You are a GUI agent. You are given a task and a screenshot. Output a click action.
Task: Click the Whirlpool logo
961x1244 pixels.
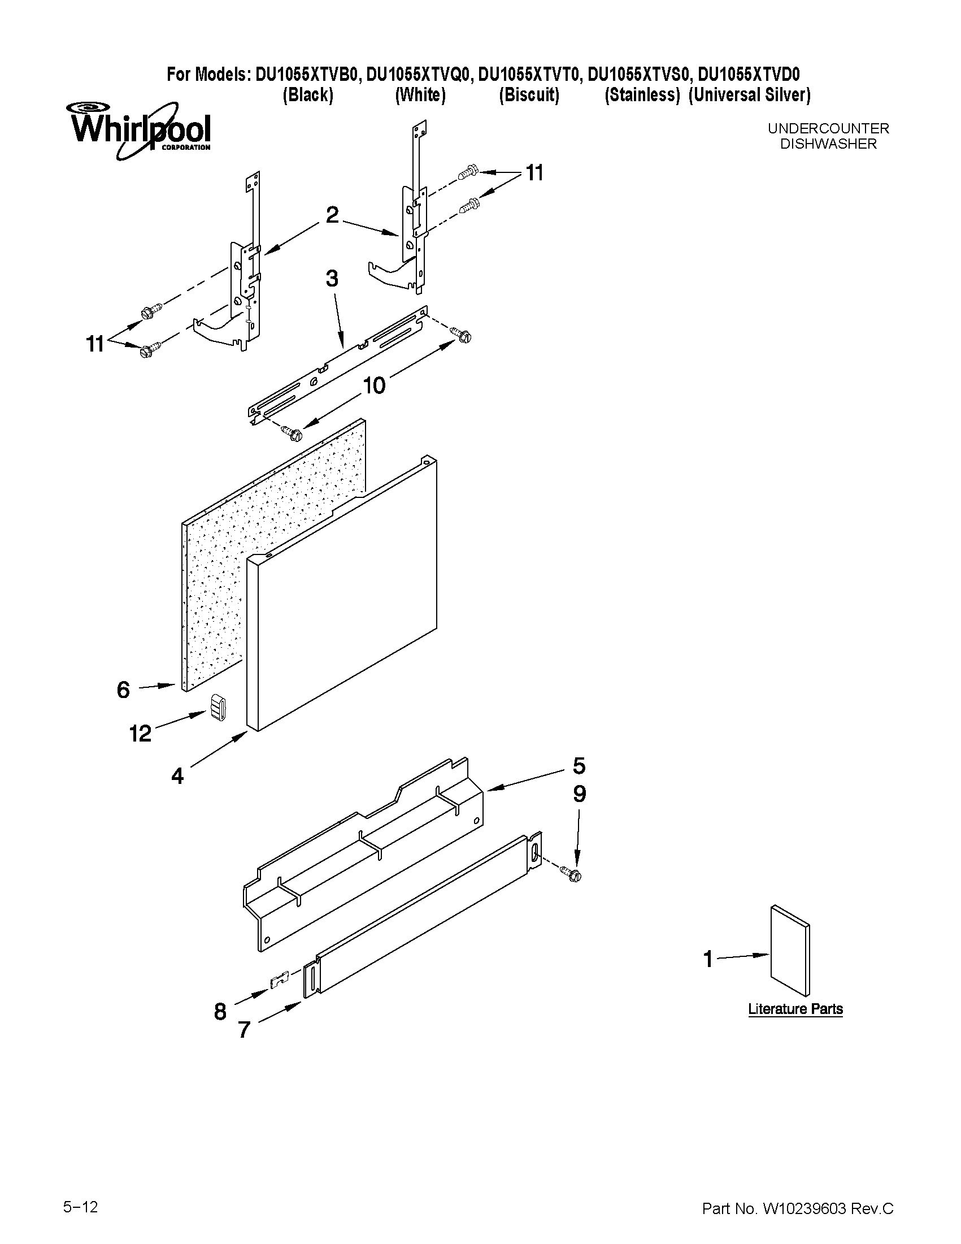pyautogui.click(x=140, y=130)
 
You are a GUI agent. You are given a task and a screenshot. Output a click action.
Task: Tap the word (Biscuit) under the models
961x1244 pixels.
pyautogui.click(x=529, y=95)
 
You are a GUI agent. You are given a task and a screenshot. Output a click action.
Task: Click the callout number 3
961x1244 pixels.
pyautogui.click(x=332, y=279)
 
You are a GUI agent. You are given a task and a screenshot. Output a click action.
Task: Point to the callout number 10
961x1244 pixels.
pyautogui.click(x=374, y=385)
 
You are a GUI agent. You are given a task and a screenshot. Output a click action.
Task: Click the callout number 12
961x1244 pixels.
pyautogui.click(x=140, y=734)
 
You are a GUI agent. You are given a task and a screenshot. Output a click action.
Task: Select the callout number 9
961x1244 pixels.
pyautogui.click(x=579, y=794)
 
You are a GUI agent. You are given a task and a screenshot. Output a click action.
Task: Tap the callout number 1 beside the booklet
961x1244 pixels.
pyautogui.click(x=708, y=959)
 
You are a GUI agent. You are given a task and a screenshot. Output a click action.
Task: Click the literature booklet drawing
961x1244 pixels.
pyautogui.click(x=790, y=950)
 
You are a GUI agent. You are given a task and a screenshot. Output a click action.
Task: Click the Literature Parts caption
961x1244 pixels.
pyautogui.click(x=795, y=1009)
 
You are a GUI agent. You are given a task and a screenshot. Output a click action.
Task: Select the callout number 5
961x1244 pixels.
pyautogui.click(x=579, y=766)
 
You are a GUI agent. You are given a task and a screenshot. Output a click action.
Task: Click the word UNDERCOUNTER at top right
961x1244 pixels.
pyautogui.click(x=828, y=129)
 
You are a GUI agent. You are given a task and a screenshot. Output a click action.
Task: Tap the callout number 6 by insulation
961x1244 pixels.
pyautogui.click(x=124, y=690)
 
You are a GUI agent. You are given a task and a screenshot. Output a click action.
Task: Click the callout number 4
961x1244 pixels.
pyautogui.click(x=177, y=775)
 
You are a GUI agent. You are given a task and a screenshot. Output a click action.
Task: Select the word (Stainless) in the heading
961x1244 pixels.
pyautogui.click(x=642, y=95)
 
